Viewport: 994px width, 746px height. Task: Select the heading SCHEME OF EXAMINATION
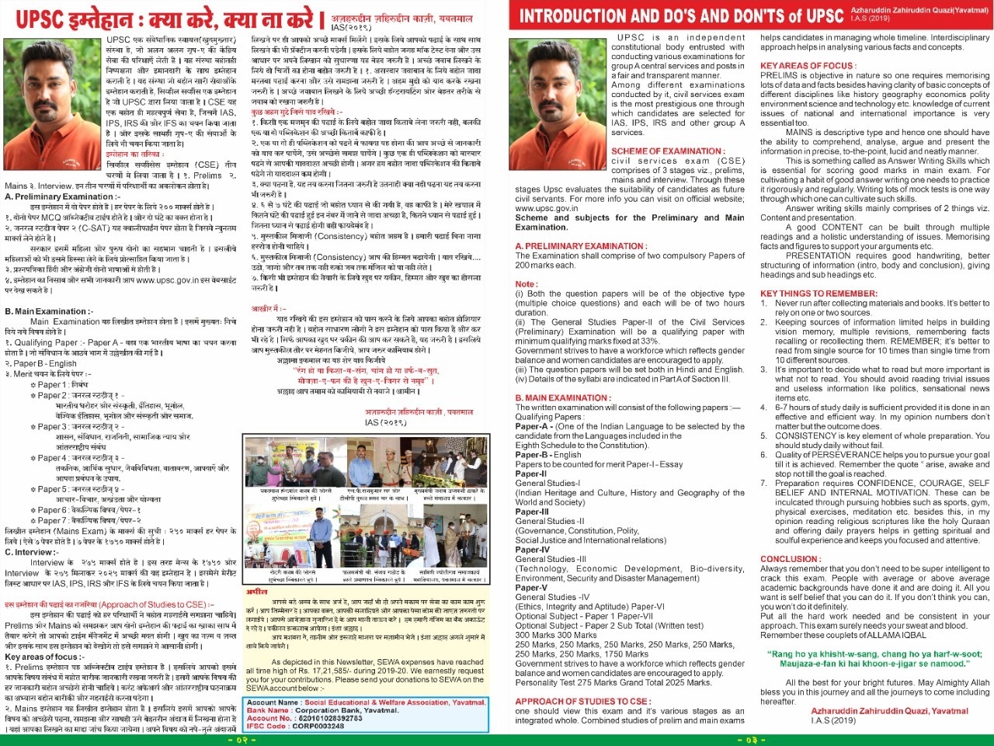coord(668,151)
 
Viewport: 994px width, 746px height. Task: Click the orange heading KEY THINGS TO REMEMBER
coord(818,293)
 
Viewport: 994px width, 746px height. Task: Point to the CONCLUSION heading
coord(789,559)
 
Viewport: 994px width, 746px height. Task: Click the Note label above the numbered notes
coord(526,284)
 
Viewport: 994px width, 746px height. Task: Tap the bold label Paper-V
coord(532,588)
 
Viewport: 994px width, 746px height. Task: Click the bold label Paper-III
coord(532,512)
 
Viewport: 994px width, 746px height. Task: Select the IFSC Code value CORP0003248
coord(318,726)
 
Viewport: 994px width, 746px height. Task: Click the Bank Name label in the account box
coord(268,710)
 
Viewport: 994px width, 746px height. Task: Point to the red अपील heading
coord(257,592)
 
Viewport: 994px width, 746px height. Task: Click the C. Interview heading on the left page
coord(30,553)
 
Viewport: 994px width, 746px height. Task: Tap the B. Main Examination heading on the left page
coord(48,311)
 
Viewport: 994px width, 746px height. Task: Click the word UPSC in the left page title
coord(40,19)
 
